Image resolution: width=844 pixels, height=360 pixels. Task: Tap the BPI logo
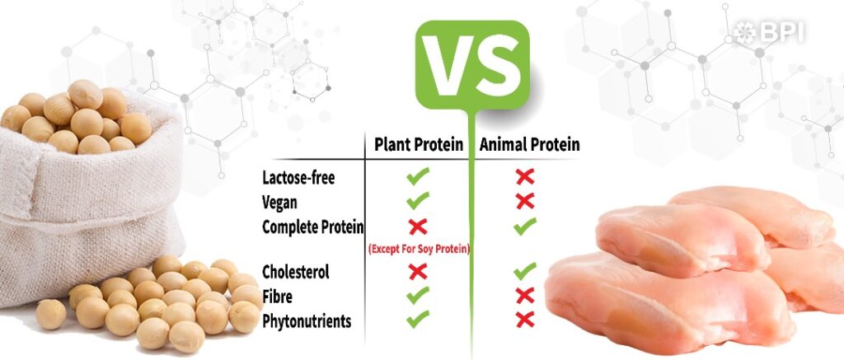769,33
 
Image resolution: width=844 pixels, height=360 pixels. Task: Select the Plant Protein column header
419,145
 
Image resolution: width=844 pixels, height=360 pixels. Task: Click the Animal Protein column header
530,145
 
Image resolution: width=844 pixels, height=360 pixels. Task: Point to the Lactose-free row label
298,178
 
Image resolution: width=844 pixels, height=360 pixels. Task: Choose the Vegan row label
279,203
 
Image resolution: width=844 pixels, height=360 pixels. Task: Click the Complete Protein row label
312,227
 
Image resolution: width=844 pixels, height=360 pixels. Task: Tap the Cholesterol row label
296,272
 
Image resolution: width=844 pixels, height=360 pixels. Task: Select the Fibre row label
278,297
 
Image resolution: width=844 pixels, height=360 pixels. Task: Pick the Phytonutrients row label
307,321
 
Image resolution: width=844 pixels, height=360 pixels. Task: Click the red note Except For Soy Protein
419,249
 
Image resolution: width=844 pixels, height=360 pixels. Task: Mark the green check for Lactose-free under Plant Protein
418,176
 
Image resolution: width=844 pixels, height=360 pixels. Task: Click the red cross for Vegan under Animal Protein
525,201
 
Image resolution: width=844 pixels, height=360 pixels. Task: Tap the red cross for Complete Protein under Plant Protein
418,227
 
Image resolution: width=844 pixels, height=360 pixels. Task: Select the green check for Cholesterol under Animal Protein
525,271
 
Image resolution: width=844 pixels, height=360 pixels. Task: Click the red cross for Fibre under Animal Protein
525,296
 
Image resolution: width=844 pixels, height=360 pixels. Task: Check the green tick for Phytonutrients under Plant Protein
418,319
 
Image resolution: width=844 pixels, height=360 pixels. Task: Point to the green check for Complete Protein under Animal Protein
525,227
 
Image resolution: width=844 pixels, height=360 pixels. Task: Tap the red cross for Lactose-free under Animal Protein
525,176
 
